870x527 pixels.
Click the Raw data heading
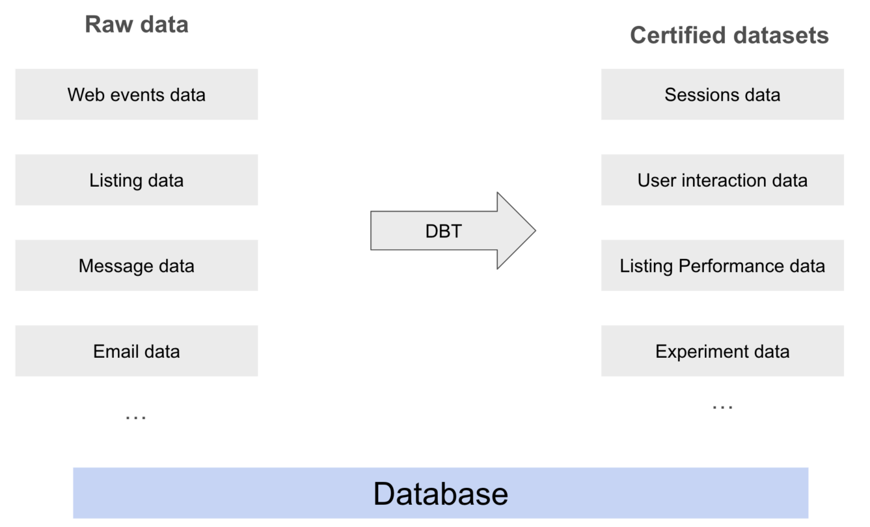click(x=137, y=25)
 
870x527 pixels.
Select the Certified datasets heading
click(x=729, y=35)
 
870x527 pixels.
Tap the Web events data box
click(x=137, y=94)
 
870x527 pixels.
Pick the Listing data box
click(x=137, y=180)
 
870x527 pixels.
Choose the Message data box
click(x=137, y=265)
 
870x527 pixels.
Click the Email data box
click(x=137, y=351)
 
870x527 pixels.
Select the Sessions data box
click(x=722, y=94)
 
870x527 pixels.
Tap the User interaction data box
click(x=722, y=180)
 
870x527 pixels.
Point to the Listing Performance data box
click(x=722, y=265)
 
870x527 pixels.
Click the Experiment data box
click(x=722, y=351)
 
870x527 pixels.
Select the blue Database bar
click(x=441, y=493)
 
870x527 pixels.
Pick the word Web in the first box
click(x=82, y=94)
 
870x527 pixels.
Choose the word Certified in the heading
click(x=675, y=35)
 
